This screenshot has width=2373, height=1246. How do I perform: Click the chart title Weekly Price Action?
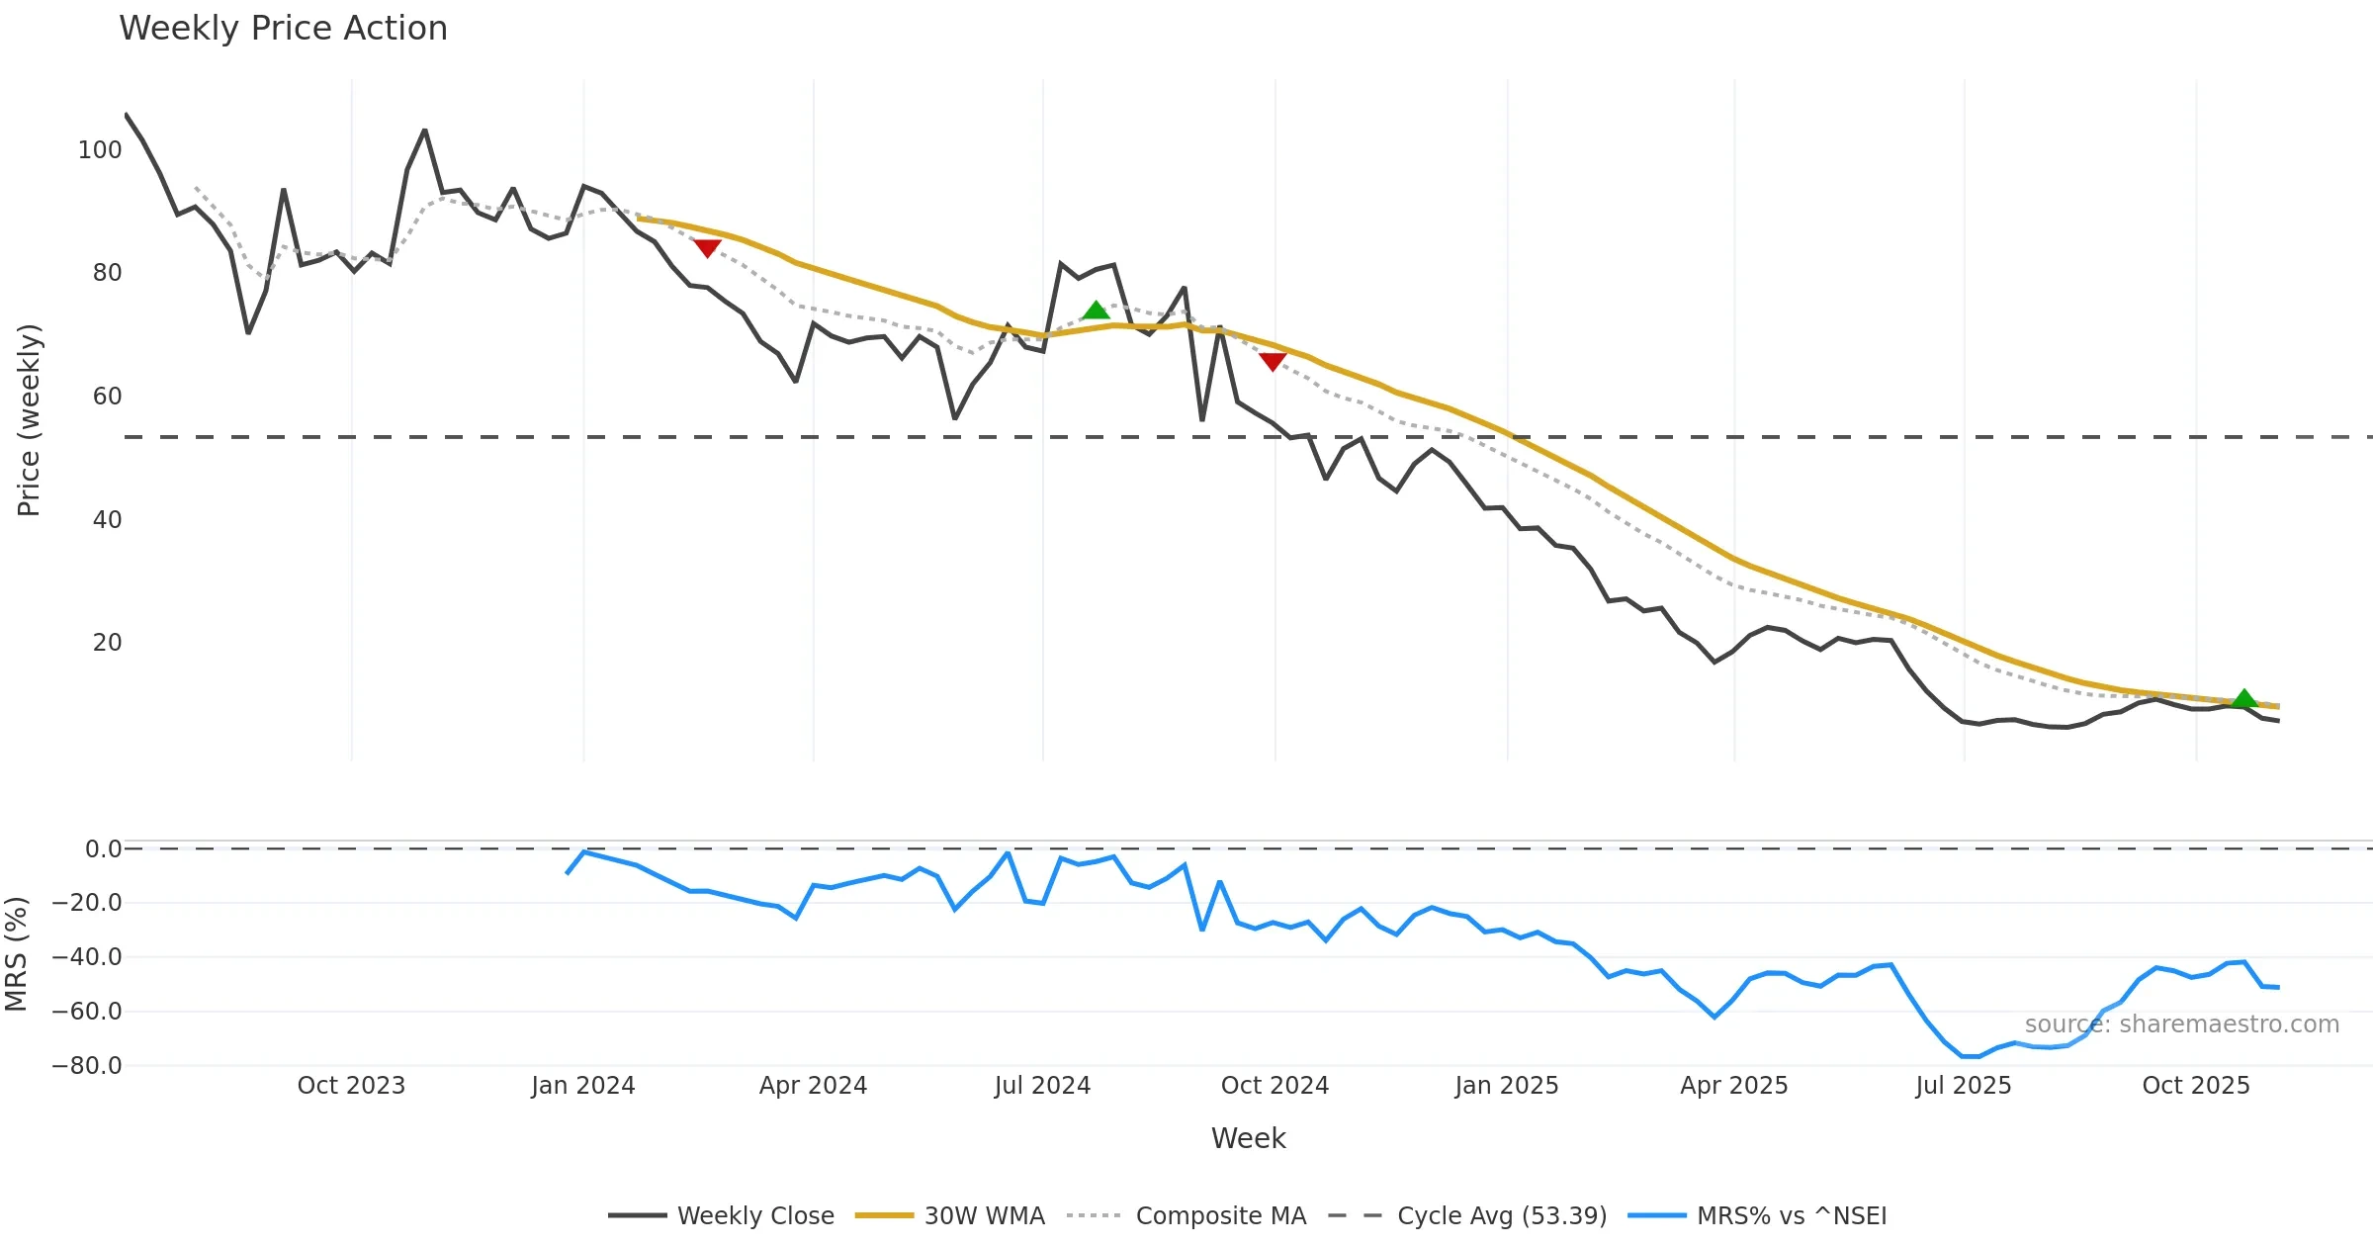pos(283,29)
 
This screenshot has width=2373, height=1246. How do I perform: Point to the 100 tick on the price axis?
pos(100,150)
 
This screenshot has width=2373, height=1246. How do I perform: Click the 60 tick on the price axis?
pos(107,397)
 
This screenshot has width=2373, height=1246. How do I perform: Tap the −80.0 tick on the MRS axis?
pos(87,1066)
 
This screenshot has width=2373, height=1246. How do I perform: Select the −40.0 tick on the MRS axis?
pos(87,957)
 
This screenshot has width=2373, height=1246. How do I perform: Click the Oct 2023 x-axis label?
pos(351,1086)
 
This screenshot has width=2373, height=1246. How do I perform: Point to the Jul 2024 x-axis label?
pos(1042,1086)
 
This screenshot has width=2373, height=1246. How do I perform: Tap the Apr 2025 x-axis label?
pos(1733,1086)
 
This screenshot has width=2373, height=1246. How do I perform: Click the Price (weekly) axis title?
pos(29,420)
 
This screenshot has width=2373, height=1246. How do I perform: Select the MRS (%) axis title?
pos(16,954)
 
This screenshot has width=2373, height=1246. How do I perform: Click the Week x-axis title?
pos(1248,1139)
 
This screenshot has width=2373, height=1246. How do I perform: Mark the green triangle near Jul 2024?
pos(1096,311)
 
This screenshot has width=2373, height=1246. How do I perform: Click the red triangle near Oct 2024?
pos(1273,362)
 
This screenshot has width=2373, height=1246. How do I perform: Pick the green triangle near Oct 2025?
pos(2244,699)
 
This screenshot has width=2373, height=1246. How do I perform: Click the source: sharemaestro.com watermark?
pos(2181,1024)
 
